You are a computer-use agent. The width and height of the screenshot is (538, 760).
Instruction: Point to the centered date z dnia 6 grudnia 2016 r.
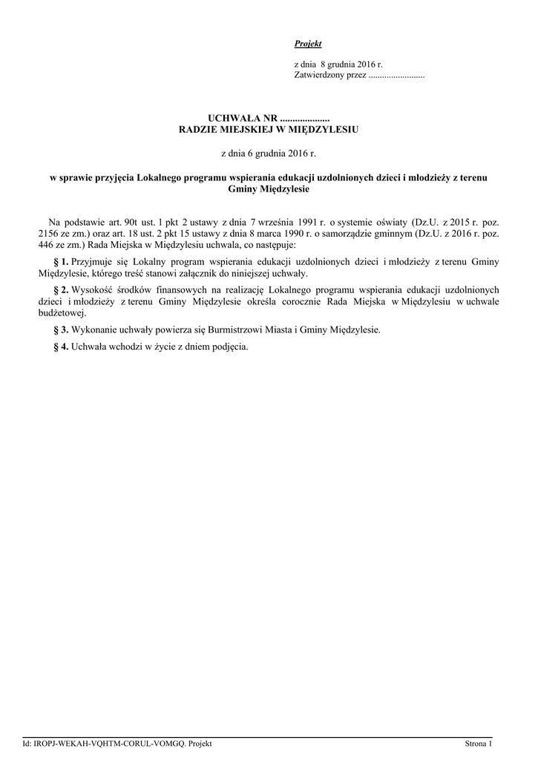coord(269,154)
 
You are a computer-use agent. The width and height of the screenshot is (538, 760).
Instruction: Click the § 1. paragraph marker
coord(62,262)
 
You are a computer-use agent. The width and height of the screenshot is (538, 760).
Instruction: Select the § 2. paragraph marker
coord(62,289)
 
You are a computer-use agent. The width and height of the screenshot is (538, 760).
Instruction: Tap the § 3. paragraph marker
coord(62,330)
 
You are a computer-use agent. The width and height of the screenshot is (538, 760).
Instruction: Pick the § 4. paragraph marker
coord(62,347)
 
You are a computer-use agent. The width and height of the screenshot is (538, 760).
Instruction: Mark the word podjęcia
coord(232,347)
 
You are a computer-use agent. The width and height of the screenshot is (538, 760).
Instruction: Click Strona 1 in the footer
coord(478,744)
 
